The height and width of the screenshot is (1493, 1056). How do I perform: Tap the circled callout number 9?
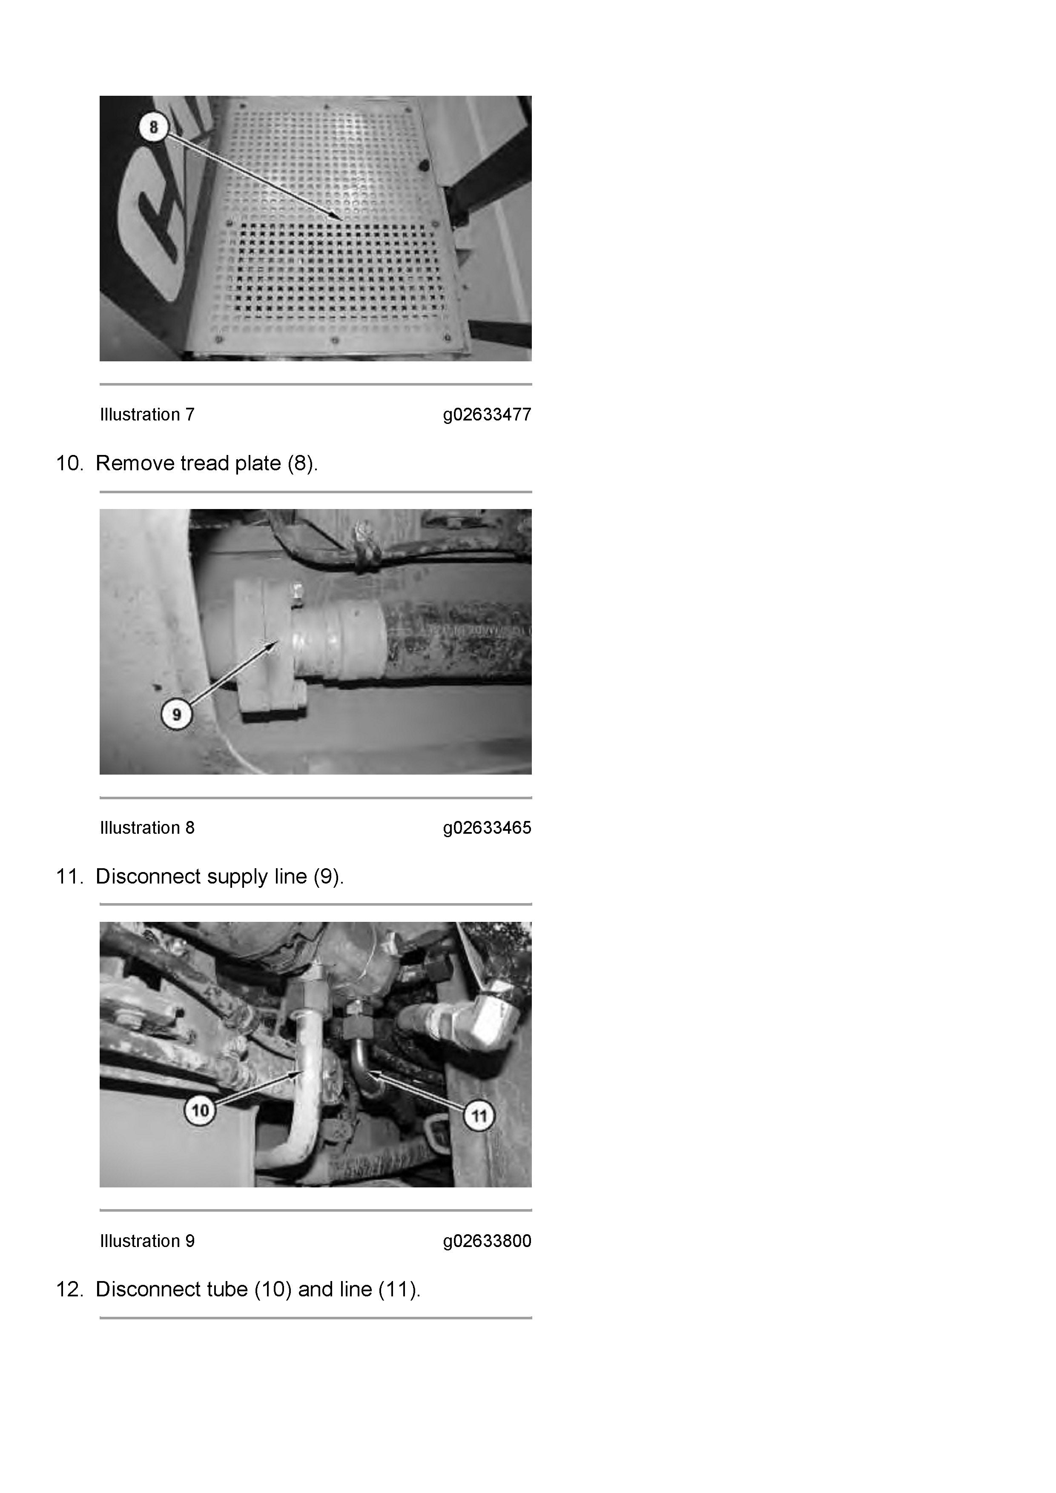pos(176,715)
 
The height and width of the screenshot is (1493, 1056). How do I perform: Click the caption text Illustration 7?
pos(147,415)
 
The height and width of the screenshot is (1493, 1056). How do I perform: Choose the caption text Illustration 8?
pos(147,828)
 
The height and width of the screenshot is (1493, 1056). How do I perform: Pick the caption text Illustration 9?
pos(147,1241)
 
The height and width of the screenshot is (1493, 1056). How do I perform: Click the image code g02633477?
pos(487,415)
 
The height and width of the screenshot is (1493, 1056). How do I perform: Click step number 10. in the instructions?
pos(69,463)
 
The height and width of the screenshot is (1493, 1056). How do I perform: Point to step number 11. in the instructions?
pos(69,877)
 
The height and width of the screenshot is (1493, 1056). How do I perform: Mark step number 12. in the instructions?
pos(69,1290)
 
